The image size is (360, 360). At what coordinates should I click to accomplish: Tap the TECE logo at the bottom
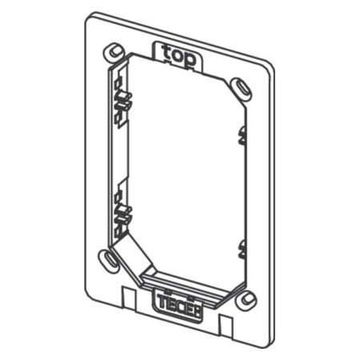click(x=172, y=303)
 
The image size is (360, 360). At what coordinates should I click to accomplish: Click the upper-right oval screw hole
click(x=240, y=85)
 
